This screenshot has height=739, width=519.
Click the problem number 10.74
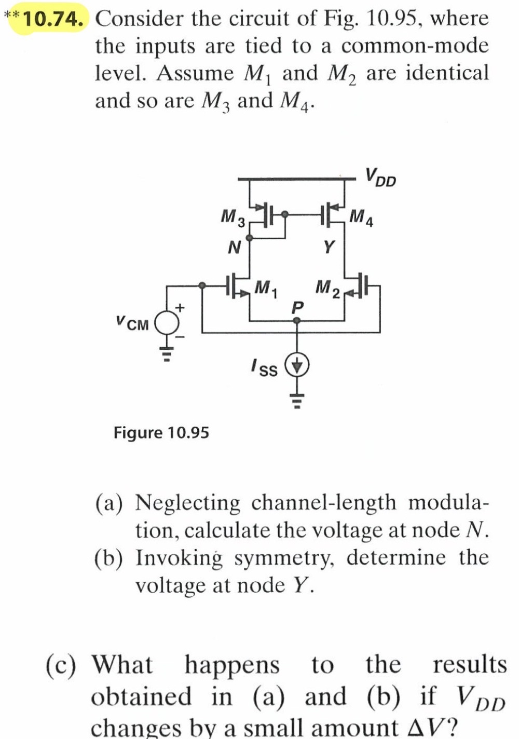53,19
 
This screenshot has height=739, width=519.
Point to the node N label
235,248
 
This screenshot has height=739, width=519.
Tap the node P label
296,307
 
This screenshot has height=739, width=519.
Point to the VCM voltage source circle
167,324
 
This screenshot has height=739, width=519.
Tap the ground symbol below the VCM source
167,354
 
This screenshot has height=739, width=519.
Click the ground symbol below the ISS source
297,400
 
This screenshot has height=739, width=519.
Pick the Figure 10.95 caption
161,432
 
